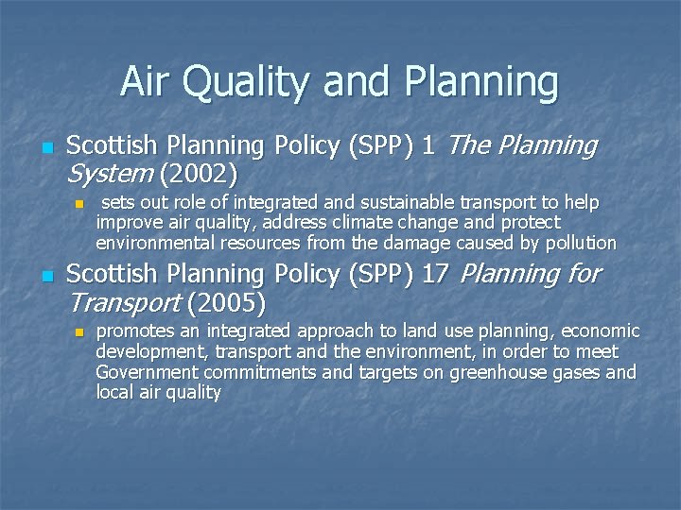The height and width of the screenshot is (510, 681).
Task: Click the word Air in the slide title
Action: point(147,82)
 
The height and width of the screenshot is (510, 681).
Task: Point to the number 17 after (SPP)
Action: point(435,274)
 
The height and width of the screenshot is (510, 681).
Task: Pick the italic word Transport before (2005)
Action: point(124,303)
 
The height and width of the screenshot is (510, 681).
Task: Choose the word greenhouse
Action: point(498,372)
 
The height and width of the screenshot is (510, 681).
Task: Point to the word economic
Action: point(600,331)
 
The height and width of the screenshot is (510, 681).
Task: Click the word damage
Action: point(419,243)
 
